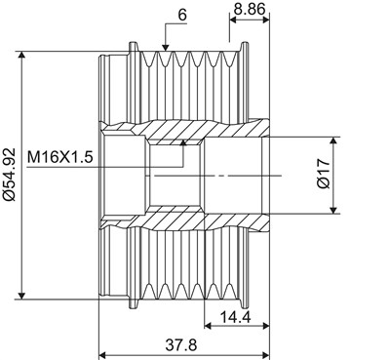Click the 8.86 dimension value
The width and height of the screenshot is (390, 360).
(x=250, y=9)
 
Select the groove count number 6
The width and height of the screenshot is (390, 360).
(x=183, y=15)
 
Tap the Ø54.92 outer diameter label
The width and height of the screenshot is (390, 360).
(x=9, y=174)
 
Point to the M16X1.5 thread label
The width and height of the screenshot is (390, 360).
(x=60, y=157)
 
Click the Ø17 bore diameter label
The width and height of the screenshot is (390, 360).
(x=324, y=174)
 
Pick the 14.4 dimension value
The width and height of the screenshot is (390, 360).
(x=236, y=317)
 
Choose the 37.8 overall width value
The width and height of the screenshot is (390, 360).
(x=181, y=345)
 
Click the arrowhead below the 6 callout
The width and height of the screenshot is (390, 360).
(x=166, y=47)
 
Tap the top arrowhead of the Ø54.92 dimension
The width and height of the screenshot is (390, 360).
(x=21, y=56)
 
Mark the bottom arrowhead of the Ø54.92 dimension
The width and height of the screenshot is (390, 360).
(x=21, y=295)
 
